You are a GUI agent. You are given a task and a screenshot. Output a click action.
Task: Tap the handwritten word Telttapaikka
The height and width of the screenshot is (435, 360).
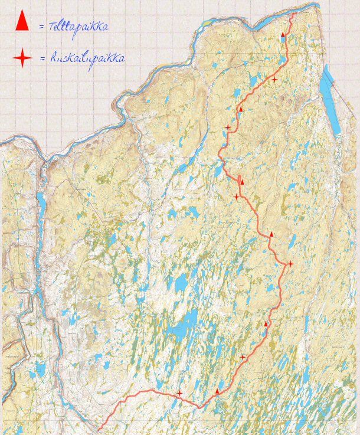(x=79, y=27)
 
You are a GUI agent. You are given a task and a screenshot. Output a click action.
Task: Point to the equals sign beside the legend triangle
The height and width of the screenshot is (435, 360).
(x=41, y=27)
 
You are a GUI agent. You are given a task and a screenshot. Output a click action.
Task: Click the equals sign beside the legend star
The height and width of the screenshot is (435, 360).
(x=41, y=58)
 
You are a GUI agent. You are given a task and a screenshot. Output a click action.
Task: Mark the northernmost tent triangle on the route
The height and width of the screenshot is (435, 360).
(x=283, y=35)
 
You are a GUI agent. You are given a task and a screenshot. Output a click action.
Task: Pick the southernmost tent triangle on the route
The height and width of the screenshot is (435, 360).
(x=217, y=391)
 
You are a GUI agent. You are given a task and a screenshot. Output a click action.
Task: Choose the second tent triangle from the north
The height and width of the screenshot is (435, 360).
(x=241, y=109)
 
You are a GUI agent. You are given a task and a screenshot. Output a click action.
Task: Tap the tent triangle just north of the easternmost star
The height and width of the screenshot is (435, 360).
(x=271, y=234)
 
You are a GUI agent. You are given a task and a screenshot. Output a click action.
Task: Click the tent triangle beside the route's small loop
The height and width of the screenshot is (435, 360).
(x=242, y=182)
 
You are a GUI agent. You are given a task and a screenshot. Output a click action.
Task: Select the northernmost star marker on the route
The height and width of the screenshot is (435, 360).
(x=274, y=79)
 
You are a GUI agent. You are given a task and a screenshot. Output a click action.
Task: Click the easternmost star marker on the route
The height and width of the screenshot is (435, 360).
(x=290, y=263)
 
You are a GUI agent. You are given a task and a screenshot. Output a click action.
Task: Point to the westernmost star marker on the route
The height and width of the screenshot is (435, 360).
(x=179, y=393)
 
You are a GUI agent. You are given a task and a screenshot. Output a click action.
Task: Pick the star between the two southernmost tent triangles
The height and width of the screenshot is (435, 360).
(x=243, y=357)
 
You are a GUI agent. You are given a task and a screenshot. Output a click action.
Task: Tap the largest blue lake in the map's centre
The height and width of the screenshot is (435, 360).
(x=188, y=323)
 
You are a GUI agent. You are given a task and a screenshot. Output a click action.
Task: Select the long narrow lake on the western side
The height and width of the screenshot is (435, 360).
(x=42, y=204)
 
